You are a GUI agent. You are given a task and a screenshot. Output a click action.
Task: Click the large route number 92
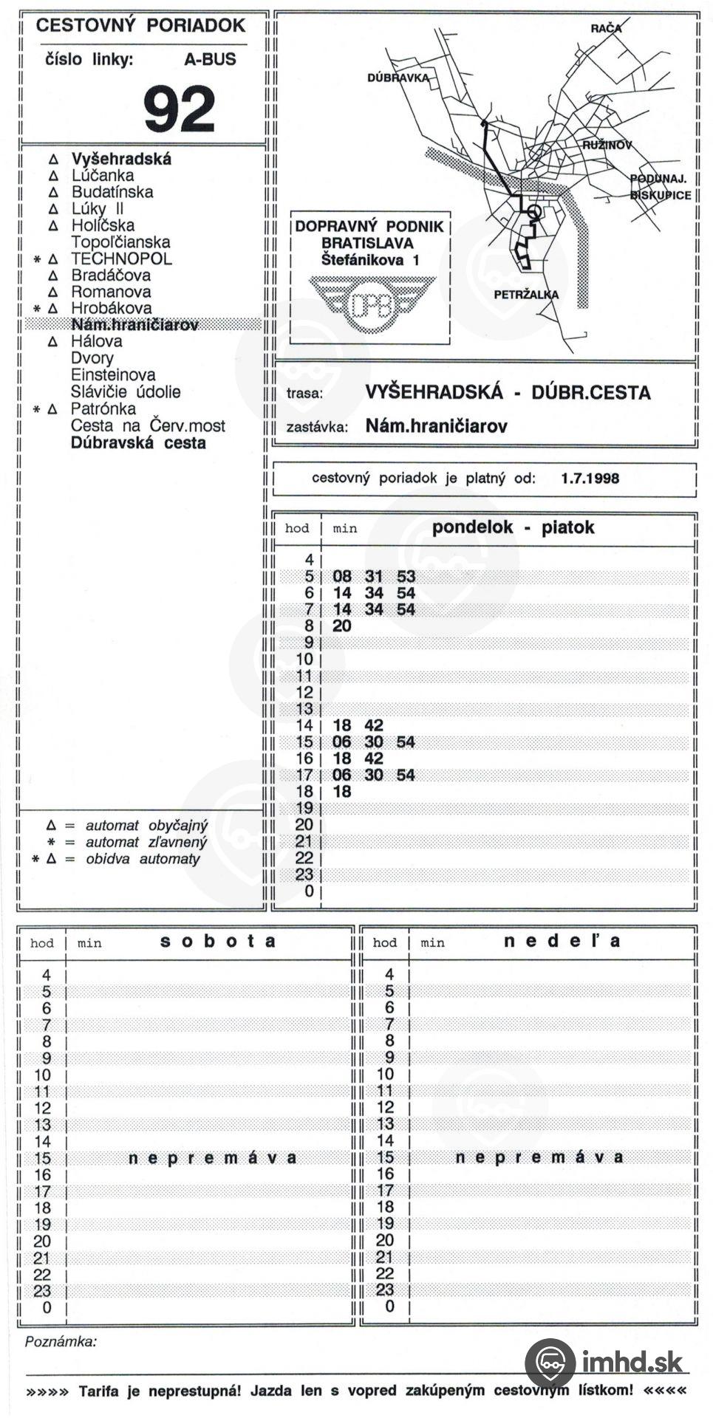coord(180,108)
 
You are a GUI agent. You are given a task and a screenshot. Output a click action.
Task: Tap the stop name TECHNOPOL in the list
coord(121,259)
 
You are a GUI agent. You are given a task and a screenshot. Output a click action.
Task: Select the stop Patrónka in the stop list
coord(103,409)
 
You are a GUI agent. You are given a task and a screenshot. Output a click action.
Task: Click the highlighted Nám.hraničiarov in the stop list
coord(134,325)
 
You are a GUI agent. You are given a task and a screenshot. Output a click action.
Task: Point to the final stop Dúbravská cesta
coord(138,443)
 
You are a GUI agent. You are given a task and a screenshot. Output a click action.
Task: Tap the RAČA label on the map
coord(606,28)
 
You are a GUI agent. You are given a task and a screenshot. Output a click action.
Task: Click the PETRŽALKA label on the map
coord(526,295)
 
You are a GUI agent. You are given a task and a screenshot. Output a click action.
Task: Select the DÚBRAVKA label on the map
coord(398,78)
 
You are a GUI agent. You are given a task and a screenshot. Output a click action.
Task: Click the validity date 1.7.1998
coord(590,478)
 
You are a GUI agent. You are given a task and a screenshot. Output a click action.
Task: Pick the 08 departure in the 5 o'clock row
coord(342,576)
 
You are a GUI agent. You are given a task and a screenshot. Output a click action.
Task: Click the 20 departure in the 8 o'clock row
coord(342,626)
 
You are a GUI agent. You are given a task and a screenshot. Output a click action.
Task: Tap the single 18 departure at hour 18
coord(342,792)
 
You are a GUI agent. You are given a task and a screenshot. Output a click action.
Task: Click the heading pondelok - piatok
coord(513,527)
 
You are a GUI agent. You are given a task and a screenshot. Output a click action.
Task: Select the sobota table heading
coord(219,942)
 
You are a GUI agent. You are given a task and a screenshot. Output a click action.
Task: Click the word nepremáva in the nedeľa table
coord(539,1157)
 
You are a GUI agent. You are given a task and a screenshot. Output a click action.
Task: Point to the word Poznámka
coord(61,1341)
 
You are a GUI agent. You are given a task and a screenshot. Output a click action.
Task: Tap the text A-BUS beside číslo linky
coord(210,60)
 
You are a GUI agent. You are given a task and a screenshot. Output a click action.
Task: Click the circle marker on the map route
coord(535,213)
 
